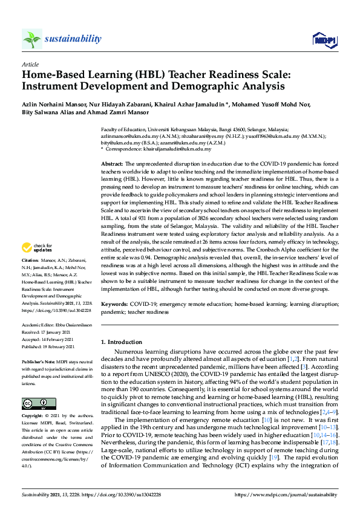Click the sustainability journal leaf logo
31,39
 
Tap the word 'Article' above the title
30,64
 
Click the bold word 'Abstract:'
112,164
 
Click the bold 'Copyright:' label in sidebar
34,417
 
